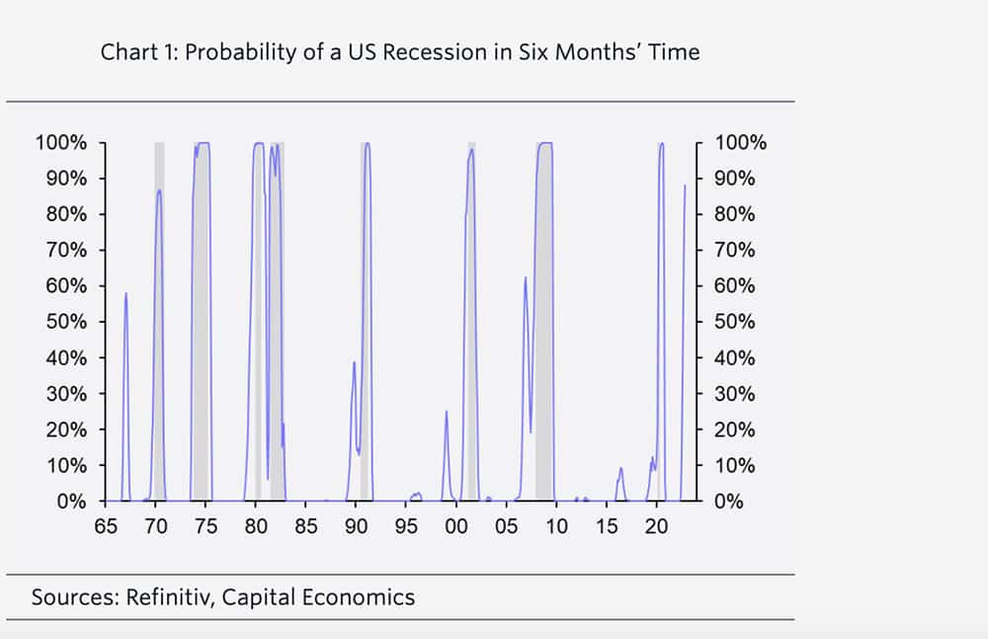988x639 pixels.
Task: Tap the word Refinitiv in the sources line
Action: click(x=165, y=597)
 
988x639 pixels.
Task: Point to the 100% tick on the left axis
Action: click(x=61, y=142)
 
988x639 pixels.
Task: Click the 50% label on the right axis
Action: click(x=734, y=321)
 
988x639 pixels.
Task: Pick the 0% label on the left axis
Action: click(x=72, y=501)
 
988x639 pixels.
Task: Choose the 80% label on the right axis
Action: click(x=734, y=214)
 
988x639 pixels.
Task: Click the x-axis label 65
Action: click(x=106, y=525)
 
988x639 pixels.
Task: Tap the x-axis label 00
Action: click(x=456, y=525)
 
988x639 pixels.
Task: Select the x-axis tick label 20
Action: click(x=656, y=525)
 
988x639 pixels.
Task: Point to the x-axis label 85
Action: click(x=305, y=525)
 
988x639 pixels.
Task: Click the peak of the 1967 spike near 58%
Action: click(x=125, y=293)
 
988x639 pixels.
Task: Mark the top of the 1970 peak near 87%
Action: click(x=159, y=190)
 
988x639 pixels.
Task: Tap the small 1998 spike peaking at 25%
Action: click(x=447, y=412)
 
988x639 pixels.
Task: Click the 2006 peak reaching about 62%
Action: click(x=525, y=278)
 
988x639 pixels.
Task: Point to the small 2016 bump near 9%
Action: click(x=620, y=467)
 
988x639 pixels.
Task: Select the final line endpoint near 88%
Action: click(x=685, y=186)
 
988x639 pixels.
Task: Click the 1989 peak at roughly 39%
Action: click(x=354, y=361)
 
